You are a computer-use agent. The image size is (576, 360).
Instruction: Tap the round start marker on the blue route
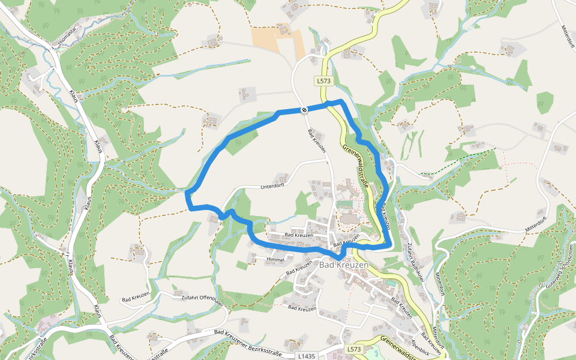[304, 110]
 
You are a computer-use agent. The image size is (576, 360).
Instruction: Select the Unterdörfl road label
[260, 187]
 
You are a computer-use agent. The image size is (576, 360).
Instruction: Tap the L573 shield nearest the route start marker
[323, 80]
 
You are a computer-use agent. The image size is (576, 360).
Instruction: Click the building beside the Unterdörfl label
[280, 179]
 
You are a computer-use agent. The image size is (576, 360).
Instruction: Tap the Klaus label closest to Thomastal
[74, 97]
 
